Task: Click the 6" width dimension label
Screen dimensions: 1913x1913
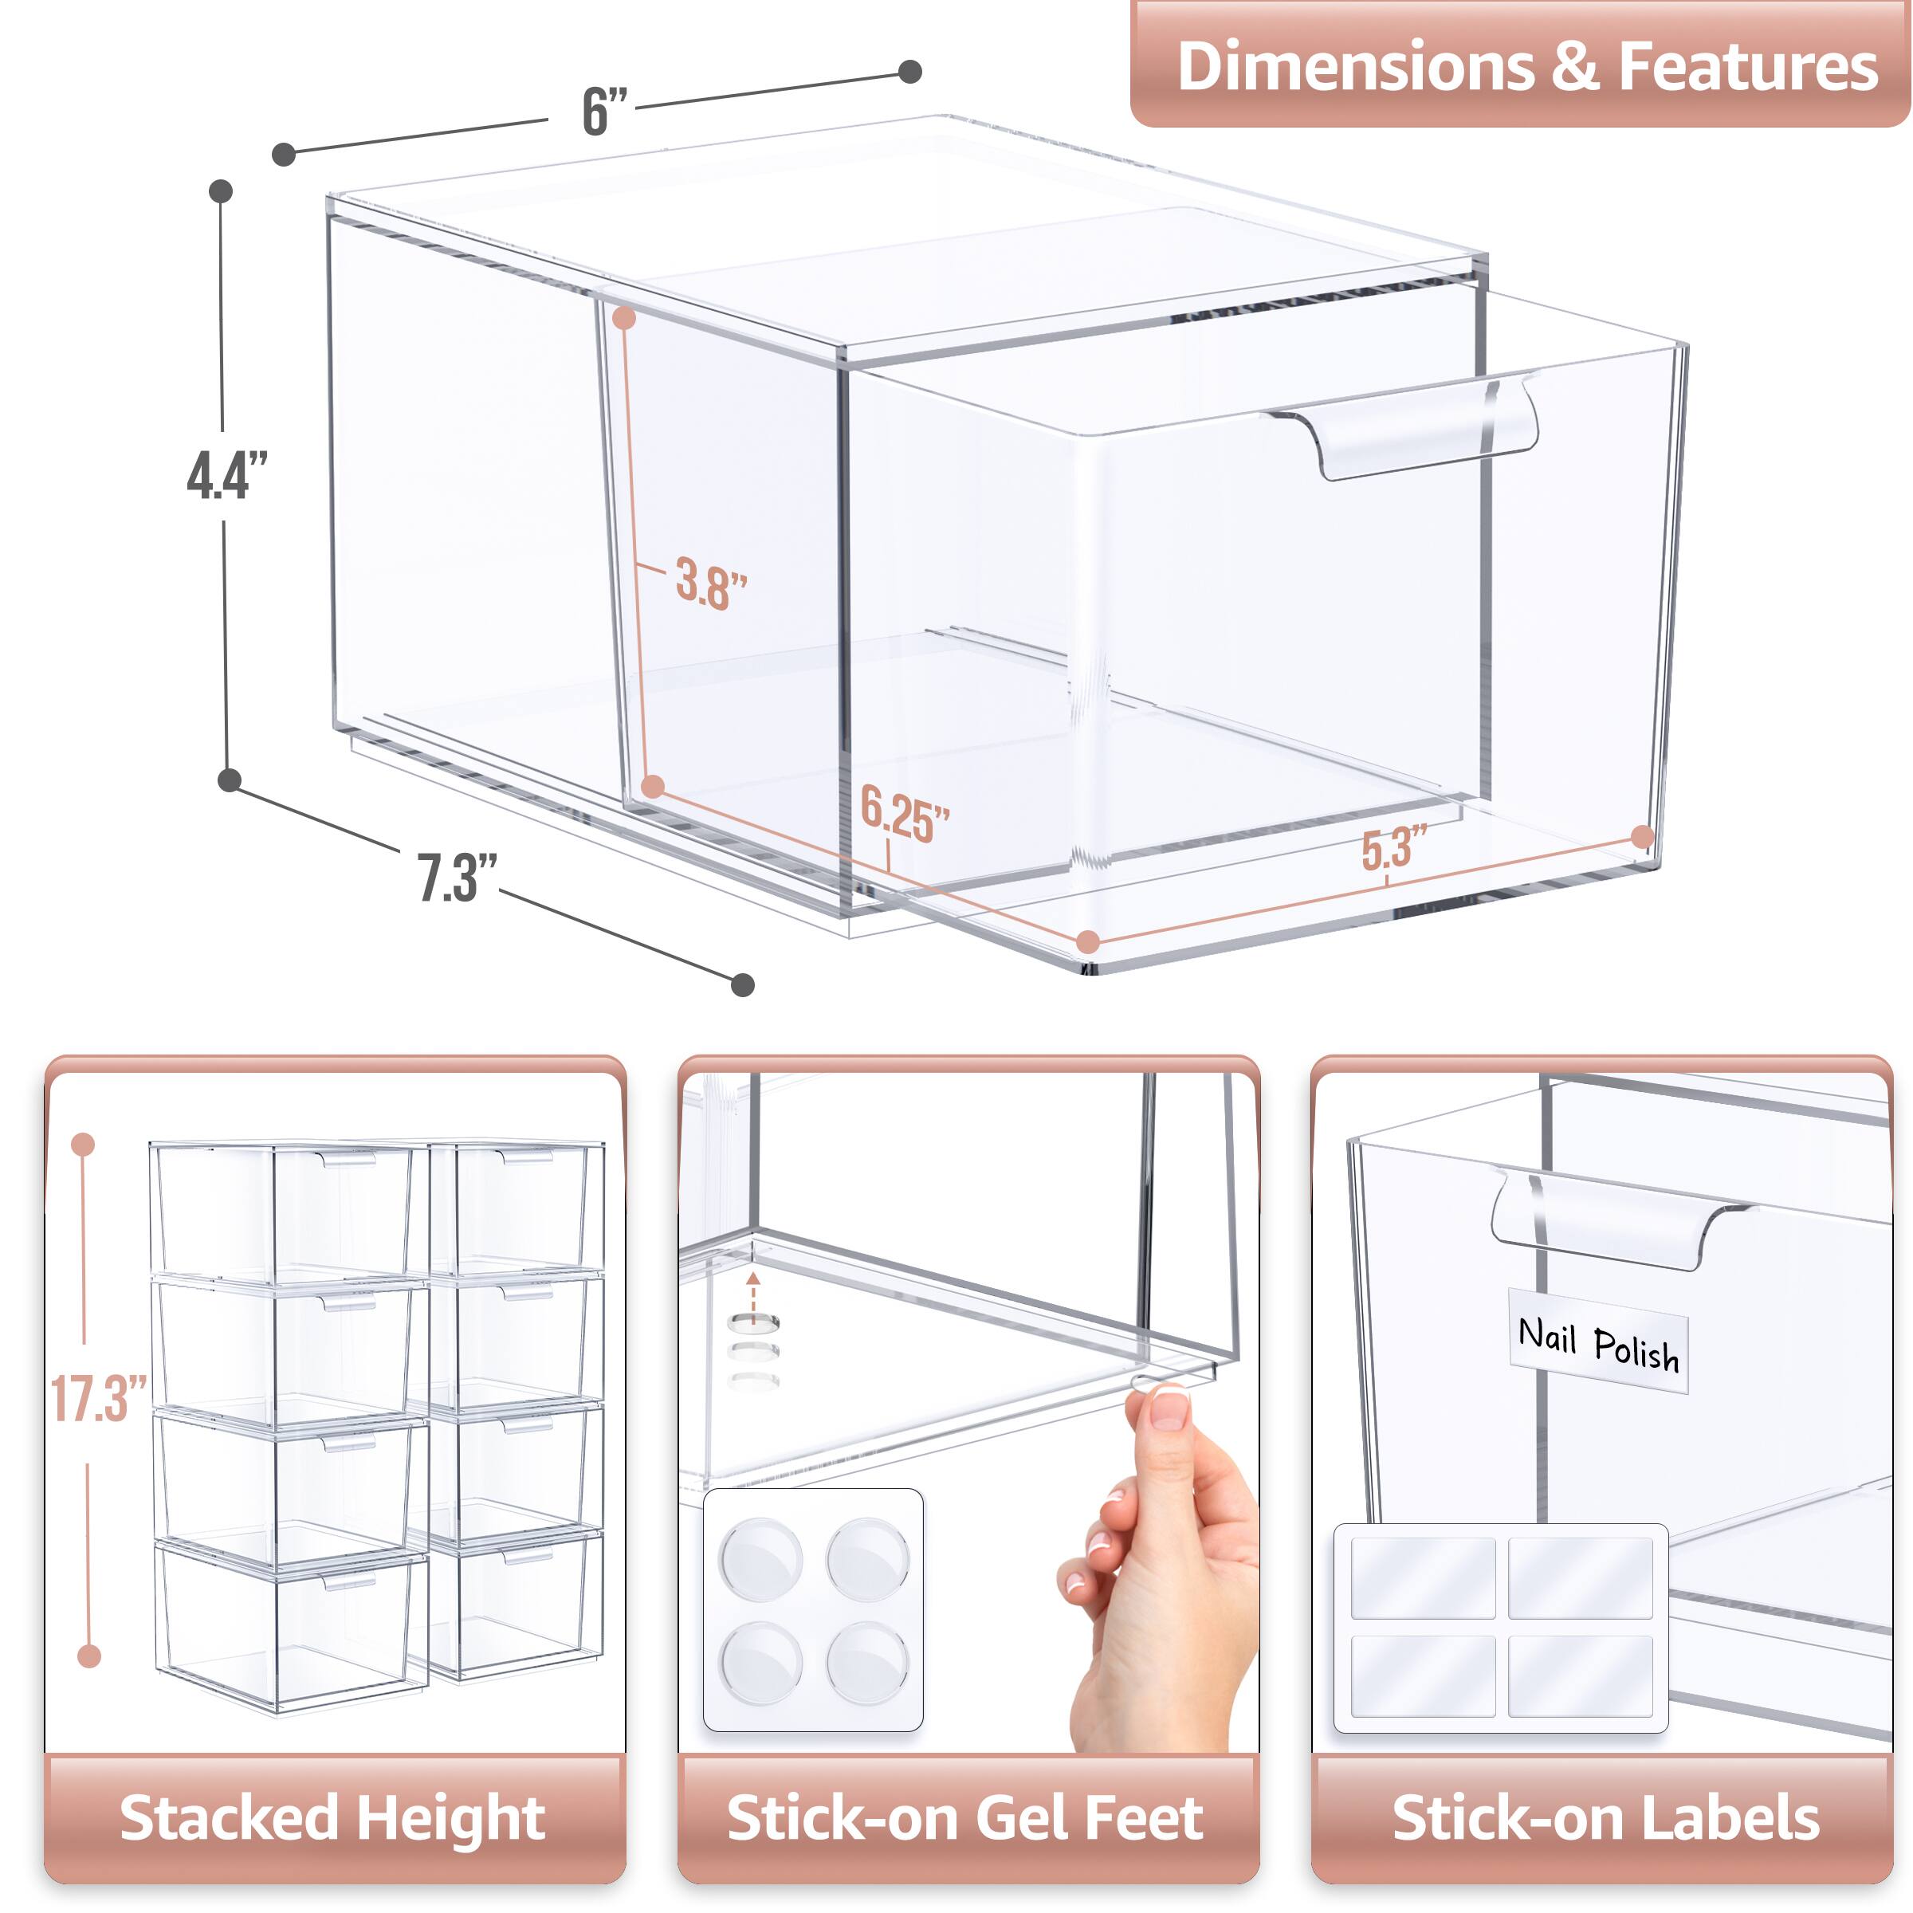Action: point(604,111)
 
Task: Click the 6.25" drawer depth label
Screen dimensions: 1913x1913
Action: point(903,815)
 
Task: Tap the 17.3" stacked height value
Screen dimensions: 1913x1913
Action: point(97,1398)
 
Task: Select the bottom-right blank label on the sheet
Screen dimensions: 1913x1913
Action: point(1581,1675)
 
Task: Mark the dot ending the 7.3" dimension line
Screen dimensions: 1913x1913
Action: point(743,984)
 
